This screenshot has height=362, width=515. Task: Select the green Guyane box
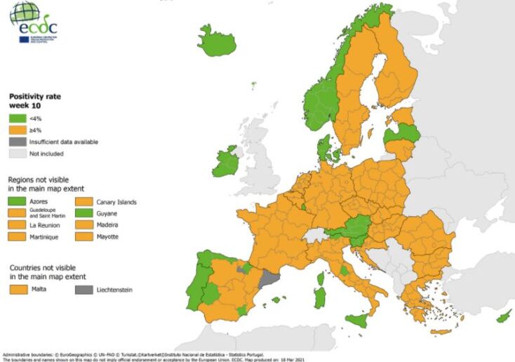click(x=85, y=213)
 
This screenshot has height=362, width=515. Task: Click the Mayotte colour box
click(x=85, y=237)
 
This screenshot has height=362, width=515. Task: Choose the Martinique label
click(x=46, y=237)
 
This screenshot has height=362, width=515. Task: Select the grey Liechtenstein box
click(x=85, y=289)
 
